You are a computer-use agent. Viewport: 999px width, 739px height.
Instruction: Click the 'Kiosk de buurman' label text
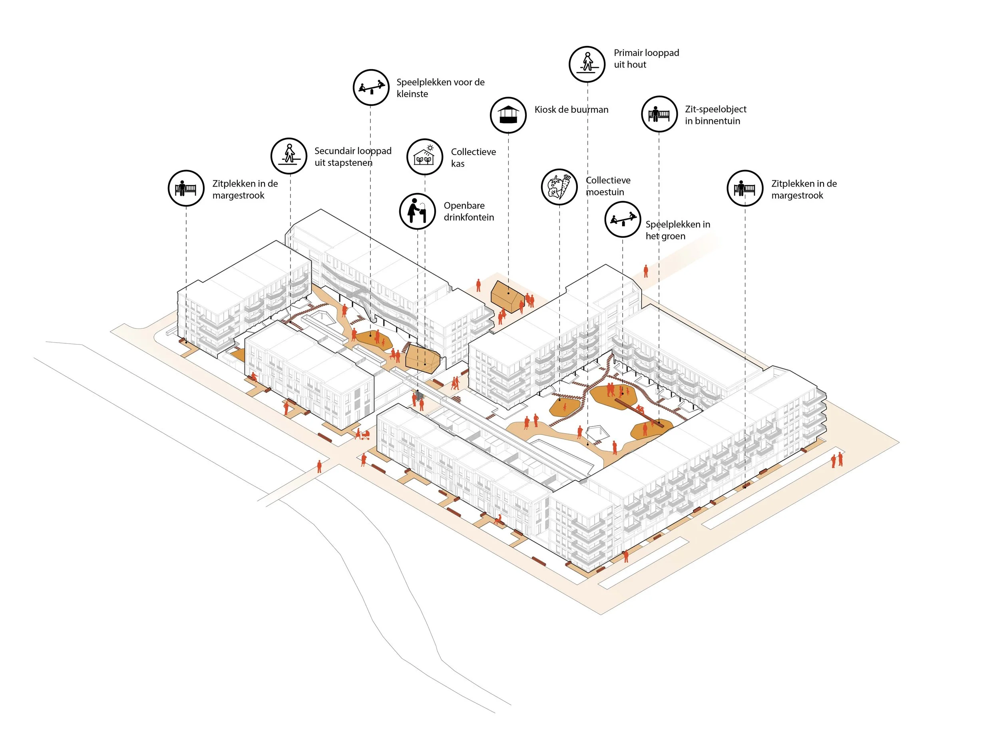(571, 110)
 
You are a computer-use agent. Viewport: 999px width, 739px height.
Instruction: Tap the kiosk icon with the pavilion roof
(508, 115)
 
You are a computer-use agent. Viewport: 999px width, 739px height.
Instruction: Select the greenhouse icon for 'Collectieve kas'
(424, 157)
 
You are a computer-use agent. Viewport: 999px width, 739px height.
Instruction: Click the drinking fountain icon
(417, 211)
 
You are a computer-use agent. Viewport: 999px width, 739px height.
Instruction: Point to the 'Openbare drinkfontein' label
(469, 211)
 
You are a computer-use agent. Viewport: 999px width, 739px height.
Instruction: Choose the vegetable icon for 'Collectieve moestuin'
(559, 187)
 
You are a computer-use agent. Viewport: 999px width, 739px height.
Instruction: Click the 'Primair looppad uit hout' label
(646, 59)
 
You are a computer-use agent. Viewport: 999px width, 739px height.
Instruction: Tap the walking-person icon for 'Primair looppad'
(587, 64)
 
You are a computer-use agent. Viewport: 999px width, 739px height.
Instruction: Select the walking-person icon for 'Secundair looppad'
(289, 155)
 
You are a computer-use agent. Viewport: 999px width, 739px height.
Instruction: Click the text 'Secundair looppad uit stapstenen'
(353, 157)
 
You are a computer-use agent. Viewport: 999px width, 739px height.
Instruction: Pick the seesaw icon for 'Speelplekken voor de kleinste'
(371, 87)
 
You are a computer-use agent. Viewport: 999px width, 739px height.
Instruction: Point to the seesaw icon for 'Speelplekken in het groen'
(623, 219)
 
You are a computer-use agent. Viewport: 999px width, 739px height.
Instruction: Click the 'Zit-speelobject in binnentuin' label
(716, 115)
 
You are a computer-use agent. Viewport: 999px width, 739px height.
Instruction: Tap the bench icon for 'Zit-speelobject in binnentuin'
(659, 114)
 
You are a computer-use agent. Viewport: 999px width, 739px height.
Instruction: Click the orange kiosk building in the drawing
(507, 295)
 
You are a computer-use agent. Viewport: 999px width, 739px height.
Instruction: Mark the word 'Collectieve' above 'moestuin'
(608, 180)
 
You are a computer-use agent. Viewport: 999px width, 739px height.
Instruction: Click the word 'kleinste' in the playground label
(412, 94)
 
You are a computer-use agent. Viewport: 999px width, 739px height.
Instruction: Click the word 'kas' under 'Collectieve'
(458, 164)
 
